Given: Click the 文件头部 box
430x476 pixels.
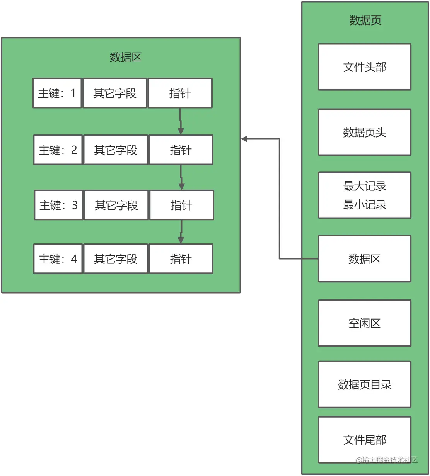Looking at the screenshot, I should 364,67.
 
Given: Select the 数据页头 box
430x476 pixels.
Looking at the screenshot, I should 364,133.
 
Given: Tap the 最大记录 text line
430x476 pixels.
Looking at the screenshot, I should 364,186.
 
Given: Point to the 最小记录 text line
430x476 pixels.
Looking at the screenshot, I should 364,205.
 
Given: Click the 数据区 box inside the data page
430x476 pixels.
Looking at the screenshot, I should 364,259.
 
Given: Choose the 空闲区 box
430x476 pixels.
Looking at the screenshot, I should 364,323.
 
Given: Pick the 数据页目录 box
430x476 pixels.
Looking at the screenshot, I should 364,385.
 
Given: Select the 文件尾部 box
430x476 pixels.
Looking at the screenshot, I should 364,440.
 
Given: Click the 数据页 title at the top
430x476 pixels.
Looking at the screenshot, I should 365,20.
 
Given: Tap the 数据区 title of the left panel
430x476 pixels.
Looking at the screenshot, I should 125,57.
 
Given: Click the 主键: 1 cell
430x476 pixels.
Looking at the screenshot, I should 57,93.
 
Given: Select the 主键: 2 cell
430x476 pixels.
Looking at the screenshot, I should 58,150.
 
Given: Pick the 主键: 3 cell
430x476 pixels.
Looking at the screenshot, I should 59,205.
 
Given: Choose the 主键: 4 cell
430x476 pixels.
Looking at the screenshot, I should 58,259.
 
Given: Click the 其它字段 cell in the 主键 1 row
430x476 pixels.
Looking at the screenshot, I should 115,93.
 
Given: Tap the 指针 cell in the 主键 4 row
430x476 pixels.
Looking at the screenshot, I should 181,259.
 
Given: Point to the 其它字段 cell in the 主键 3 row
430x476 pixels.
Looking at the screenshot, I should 116,205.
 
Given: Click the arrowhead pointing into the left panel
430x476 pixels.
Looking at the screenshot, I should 245,139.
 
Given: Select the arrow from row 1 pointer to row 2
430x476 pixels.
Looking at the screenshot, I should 181,121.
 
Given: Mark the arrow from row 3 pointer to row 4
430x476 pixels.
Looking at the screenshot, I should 181,232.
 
